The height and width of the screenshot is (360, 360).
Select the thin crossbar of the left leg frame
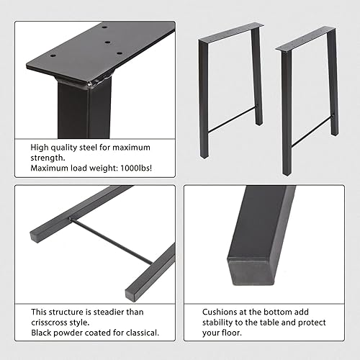point(232,120)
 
